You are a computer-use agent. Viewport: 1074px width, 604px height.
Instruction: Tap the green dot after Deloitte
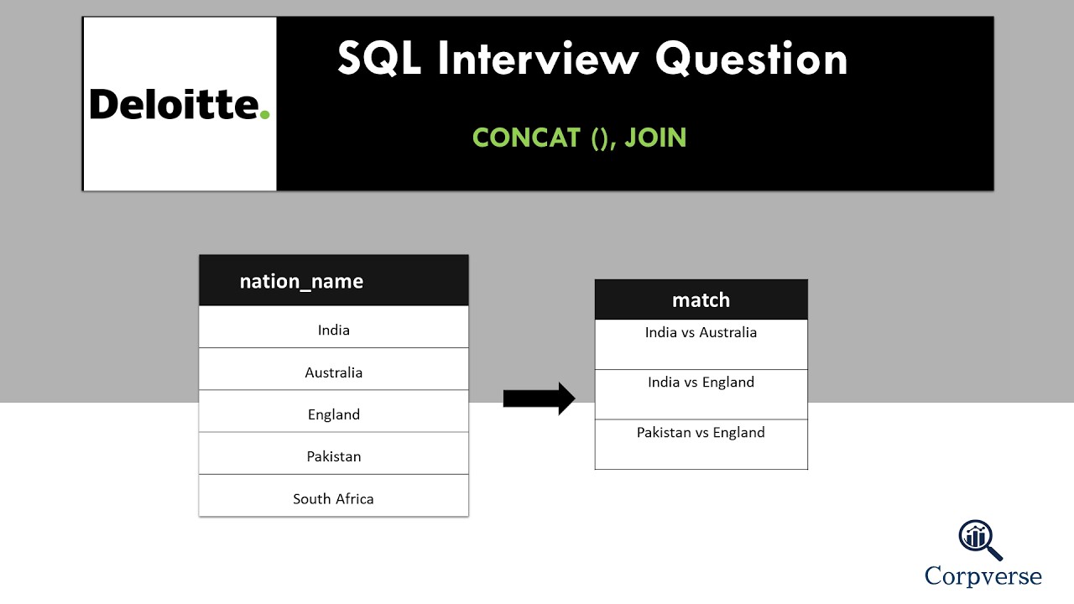pyautogui.click(x=265, y=113)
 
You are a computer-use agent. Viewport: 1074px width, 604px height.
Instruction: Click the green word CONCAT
pyautogui.click(x=526, y=138)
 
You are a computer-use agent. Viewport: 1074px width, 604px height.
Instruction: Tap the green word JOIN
pyautogui.click(x=655, y=138)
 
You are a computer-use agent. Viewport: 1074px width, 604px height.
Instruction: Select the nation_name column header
pyautogui.click(x=301, y=281)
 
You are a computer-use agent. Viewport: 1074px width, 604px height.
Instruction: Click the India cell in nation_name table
pyautogui.click(x=333, y=330)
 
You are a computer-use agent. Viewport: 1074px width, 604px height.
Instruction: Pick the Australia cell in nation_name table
pyautogui.click(x=333, y=372)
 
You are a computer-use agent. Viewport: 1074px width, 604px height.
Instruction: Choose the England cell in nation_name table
pyautogui.click(x=333, y=414)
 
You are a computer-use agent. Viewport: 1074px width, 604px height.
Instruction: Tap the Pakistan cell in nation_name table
pyautogui.click(x=333, y=456)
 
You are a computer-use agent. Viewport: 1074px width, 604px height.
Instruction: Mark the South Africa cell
pyautogui.click(x=333, y=498)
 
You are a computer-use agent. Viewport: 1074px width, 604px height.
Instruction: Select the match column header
pyautogui.click(x=701, y=300)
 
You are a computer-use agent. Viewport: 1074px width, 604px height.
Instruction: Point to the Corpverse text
pyautogui.click(x=983, y=576)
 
